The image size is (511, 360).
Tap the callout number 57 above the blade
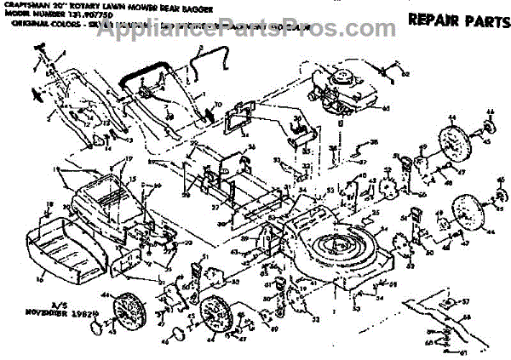coord(465,301)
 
